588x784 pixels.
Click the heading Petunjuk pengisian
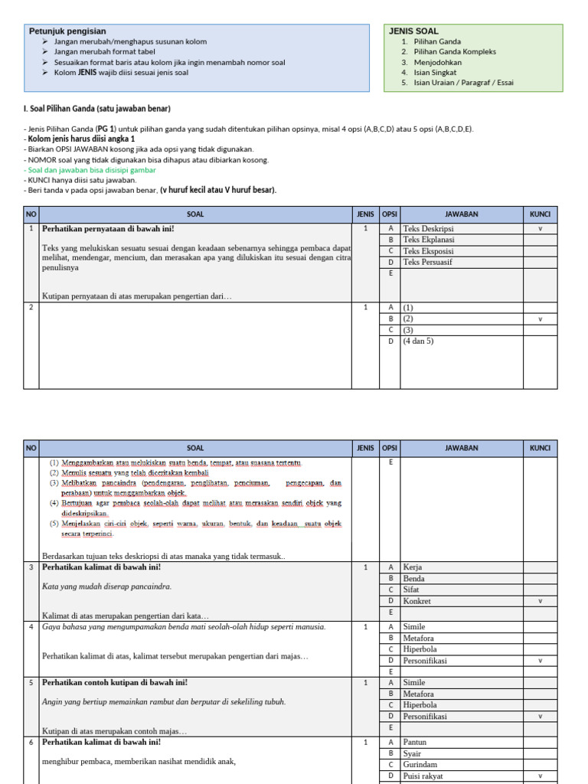67,31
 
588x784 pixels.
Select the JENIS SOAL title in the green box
413,31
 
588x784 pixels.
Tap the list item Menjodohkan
438,62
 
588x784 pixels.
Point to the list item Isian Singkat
435,73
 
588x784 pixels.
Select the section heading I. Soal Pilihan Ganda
97,109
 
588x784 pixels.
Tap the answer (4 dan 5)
418,341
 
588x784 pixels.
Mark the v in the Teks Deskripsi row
540,228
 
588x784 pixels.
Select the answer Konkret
417,601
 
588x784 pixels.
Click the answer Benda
414,579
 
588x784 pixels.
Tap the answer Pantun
415,742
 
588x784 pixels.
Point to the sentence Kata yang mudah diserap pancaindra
107,586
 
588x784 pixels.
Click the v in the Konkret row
540,601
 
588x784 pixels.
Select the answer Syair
413,753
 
